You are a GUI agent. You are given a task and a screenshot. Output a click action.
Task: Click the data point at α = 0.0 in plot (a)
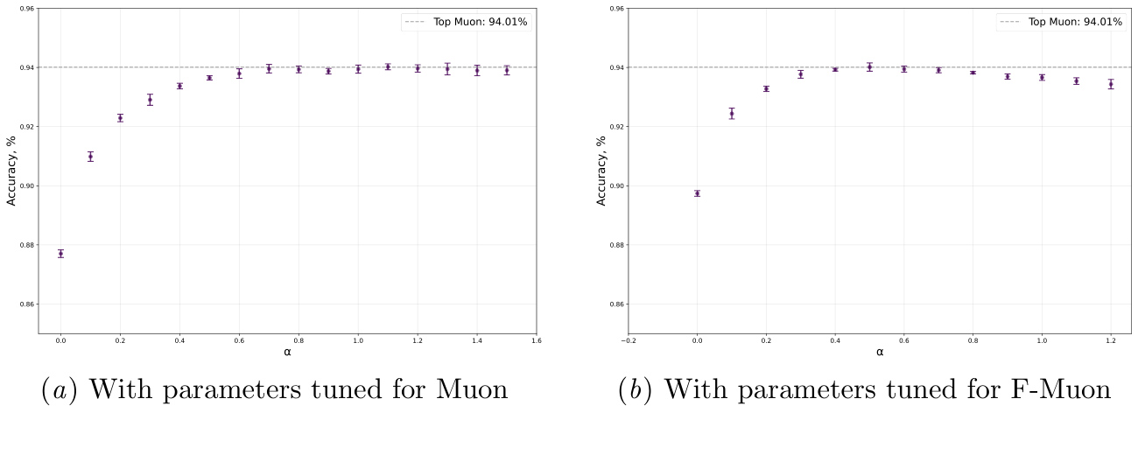(x=60, y=254)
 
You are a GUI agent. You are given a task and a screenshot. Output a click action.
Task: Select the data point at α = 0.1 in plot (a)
(x=90, y=157)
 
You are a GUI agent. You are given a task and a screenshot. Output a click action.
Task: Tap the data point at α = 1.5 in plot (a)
(x=507, y=70)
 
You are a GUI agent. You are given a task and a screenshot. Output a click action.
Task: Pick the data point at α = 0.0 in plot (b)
(x=697, y=193)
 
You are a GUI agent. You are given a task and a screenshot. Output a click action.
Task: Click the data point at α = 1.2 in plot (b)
(x=1111, y=84)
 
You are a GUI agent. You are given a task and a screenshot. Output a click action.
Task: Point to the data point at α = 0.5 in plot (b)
(x=869, y=66)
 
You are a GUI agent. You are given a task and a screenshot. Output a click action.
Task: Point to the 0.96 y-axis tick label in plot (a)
(x=28, y=9)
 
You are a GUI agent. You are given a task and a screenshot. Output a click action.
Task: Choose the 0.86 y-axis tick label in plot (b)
(x=618, y=304)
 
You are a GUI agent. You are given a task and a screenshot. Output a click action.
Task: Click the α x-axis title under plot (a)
(x=287, y=352)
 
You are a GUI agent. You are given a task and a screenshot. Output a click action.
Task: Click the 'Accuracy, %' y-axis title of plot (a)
(x=11, y=171)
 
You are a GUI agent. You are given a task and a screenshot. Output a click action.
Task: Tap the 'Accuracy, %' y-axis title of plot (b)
(x=601, y=171)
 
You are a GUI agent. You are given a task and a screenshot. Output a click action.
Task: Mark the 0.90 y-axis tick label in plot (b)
(x=618, y=185)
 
